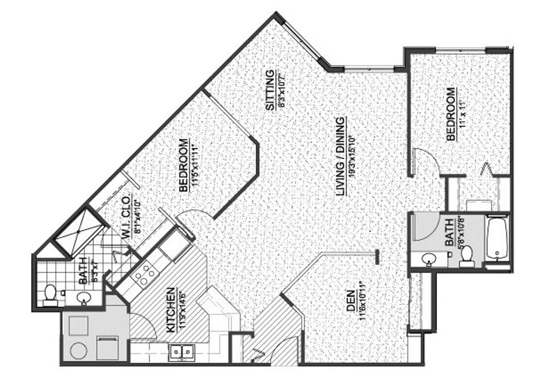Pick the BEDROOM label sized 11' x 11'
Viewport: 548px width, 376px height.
pyautogui.click(x=451, y=114)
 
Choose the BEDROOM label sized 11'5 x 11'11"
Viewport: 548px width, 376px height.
pyautogui.click(x=183, y=166)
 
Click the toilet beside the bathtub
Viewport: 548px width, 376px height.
pyautogui.click(x=466, y=255)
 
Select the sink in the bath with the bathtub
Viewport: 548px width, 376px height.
pyautogui.click(x=429, y=258)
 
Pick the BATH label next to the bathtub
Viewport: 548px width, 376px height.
pyautogui.click(x=449, y=232)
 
